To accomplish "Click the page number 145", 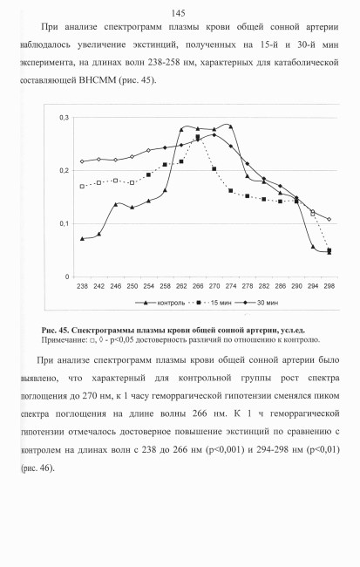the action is point(178,13).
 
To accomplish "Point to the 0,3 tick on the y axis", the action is point(65,118).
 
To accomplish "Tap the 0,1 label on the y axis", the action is point(65,224).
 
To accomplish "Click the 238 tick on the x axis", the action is point(82,286).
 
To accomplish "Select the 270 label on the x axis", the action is point(214,286).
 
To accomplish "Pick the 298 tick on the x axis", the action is point(329,286).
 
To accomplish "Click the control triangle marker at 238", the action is point(82,239).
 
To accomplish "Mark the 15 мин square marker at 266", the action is point(198,137).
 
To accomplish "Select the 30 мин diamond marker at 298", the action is point(329,219).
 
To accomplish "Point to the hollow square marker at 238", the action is point(82,186).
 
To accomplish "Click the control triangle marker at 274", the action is point(231,126).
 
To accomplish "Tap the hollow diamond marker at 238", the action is point(82,161).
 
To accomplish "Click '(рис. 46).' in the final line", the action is point(37,468).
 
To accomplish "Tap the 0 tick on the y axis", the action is point(67,277).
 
